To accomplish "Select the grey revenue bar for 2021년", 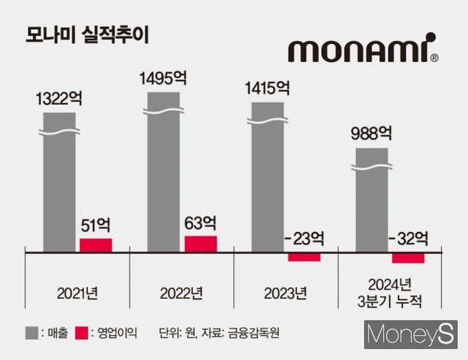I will click(x=58, y=183).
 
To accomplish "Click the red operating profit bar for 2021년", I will click(x=96, y=245).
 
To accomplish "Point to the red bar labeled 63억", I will click(x=200, y=244).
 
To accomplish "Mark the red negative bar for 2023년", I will click(x=304, y=257).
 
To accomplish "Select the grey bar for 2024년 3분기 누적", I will click(x=371, y=200).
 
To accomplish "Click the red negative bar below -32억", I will click(x=408, y=258).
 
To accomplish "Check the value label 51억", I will click(x=96, y=225).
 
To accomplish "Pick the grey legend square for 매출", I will click(x=30, y=333).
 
